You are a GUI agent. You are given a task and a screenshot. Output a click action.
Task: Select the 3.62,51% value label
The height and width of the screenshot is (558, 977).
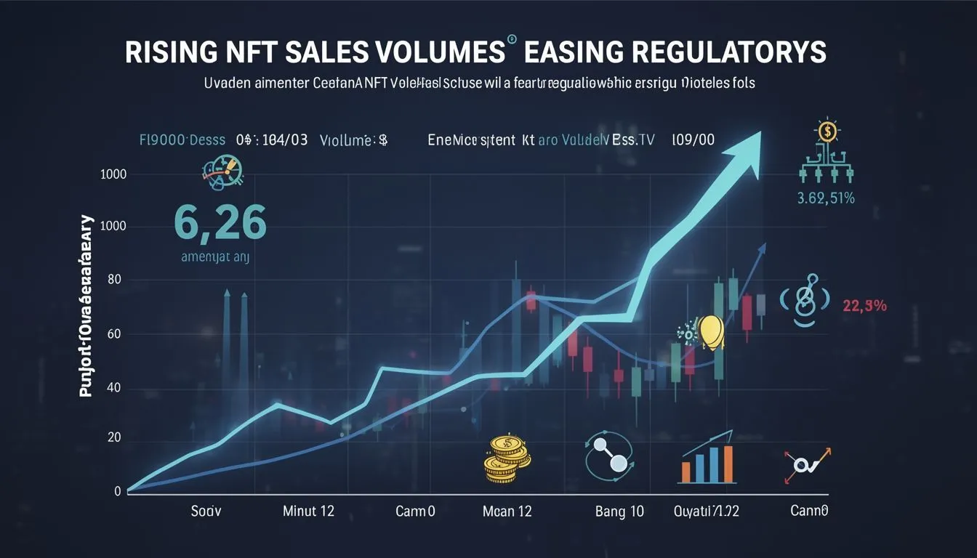tap(826, 198)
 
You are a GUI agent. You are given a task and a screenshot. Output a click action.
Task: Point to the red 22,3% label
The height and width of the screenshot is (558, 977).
tap(864, 307)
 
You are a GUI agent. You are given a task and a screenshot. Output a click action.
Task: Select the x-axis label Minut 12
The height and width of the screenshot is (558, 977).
tap(308, 511)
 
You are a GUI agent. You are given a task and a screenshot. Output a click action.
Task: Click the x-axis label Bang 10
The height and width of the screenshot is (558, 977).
tap(619, 511)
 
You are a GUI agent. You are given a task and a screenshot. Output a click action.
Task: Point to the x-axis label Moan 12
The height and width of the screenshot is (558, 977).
tap(507, 511)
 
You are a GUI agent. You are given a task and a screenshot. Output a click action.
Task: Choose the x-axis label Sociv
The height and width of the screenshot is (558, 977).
tap(205, 511)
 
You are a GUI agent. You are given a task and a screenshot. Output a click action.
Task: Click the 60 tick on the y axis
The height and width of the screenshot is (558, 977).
tap(113, 335)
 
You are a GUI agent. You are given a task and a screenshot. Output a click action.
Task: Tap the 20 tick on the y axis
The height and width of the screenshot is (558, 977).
tap(113, 438)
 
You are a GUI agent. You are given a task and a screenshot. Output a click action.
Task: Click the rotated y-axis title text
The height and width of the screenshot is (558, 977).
tap(87, 305)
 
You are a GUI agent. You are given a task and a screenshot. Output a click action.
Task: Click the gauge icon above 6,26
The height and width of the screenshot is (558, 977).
tap(222, 175)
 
